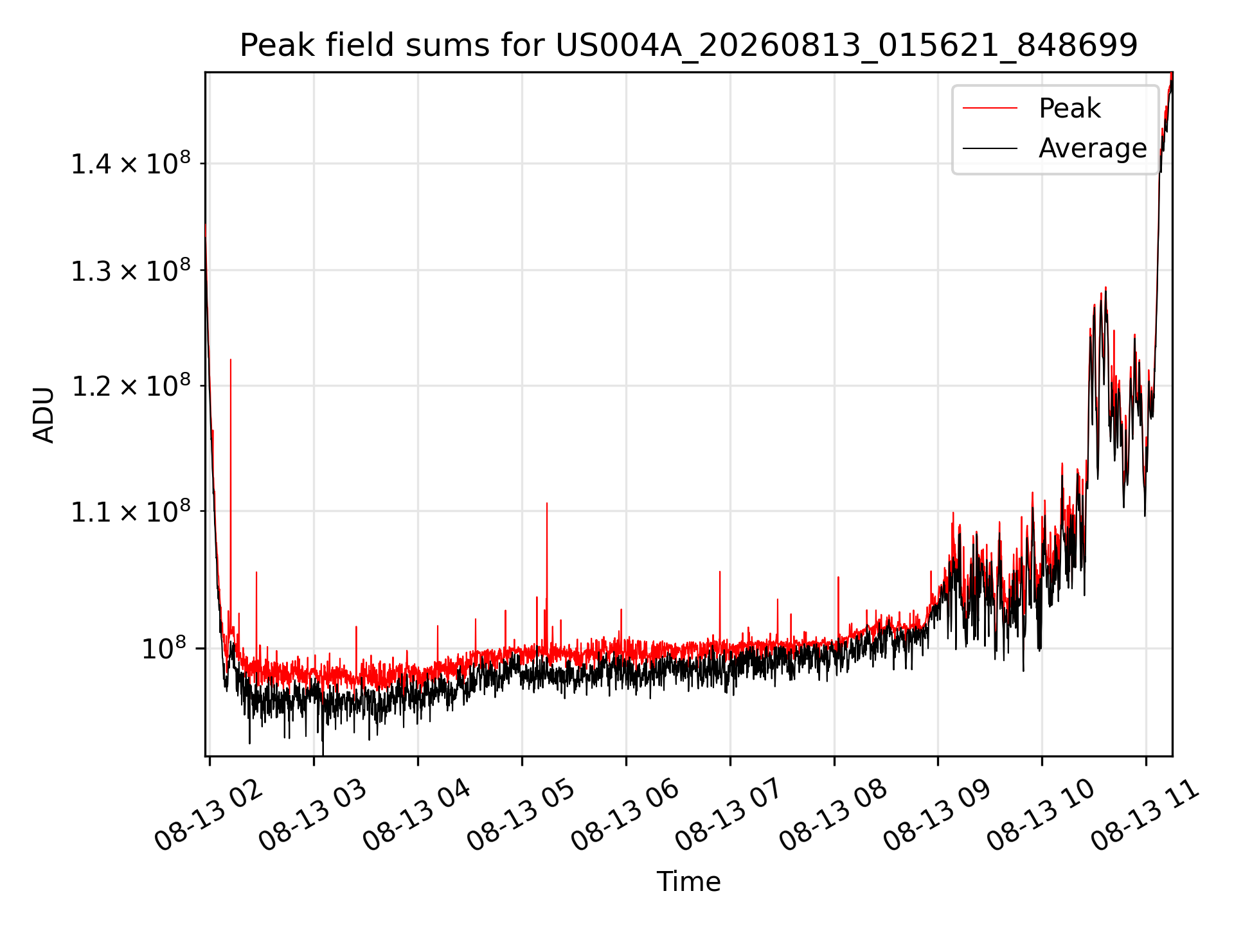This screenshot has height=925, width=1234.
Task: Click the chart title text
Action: click(x=688, y=46)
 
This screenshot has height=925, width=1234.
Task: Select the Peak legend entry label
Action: click(x=1069, y=109)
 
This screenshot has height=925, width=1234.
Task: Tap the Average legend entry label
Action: click(x=1093, y=148)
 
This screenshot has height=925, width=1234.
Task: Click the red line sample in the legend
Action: click(x=990, y=109)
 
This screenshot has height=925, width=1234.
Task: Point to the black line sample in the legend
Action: click(x=990, y=148)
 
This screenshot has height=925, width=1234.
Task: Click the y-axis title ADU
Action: click(x=44, y=414)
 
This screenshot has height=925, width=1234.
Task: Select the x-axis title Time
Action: click(x=688, y=881)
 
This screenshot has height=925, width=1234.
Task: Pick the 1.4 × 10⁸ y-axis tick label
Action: click(x=130, y=163)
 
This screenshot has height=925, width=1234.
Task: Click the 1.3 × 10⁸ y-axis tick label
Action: click(x=130, y=270)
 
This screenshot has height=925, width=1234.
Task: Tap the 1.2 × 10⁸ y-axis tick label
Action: click(x=130, y=386)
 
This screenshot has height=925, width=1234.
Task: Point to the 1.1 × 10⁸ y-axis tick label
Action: click(x=130, y=511)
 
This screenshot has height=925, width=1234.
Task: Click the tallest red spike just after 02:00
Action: click(x=231, y=360)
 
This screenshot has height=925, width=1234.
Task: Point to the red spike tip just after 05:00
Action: click(x=547, y=504)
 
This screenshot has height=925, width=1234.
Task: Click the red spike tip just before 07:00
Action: click(x=720, y=572)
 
